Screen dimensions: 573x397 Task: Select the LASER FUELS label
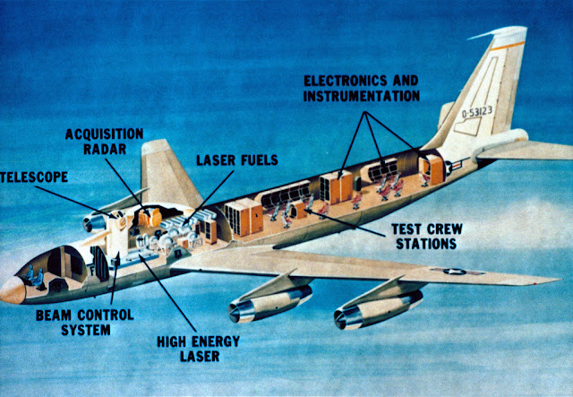coord(237,162)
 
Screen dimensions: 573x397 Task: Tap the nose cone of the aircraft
coord(12,289)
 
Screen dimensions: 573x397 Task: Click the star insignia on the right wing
coord(449,270)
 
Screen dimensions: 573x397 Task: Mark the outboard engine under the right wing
coord(367,310)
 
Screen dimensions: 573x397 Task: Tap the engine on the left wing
coord(94,220)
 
